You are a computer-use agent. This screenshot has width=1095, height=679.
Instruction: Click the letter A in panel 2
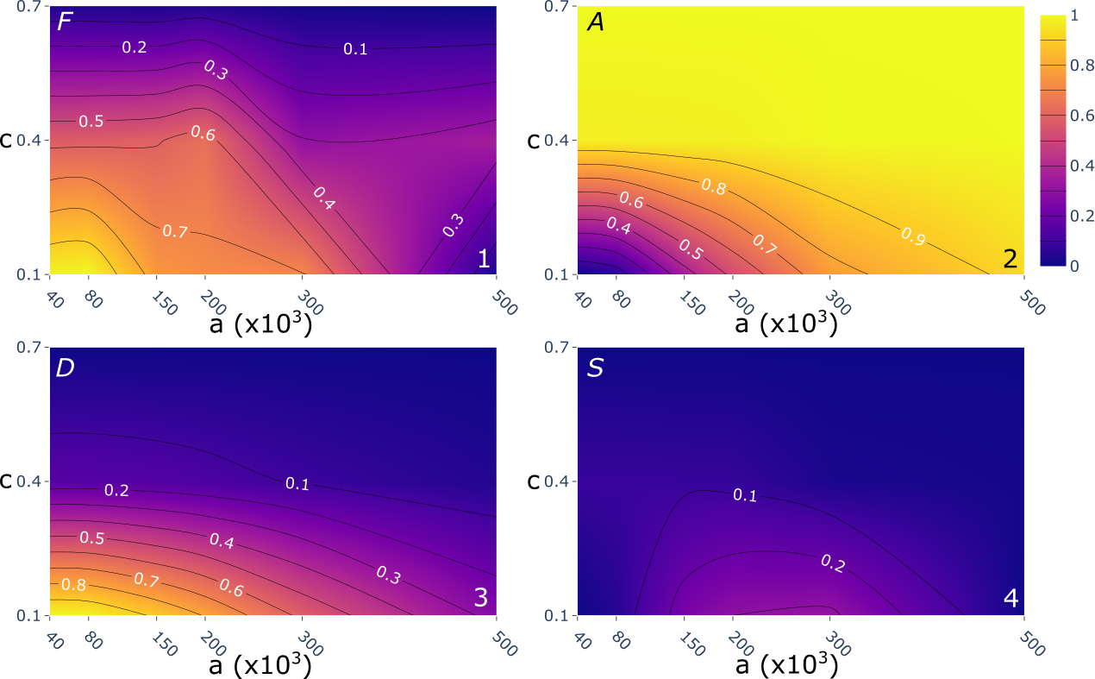[594, 22]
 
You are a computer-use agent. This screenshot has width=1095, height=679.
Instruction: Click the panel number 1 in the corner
[484, 258]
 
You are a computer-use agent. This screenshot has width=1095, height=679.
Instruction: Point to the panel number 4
[1011, 598]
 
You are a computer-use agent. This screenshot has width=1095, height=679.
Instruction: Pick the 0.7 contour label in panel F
[175, 231]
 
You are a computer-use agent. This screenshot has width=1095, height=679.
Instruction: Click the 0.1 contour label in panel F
[355, 49]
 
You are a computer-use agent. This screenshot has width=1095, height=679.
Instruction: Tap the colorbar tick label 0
[1073, 266]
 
